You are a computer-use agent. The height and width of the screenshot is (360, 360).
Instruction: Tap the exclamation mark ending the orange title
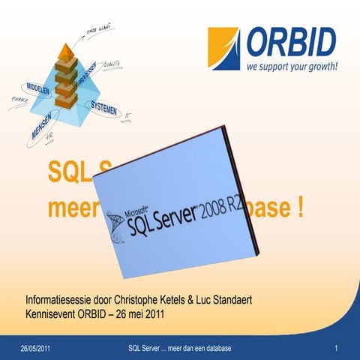(x=301, y=207)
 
